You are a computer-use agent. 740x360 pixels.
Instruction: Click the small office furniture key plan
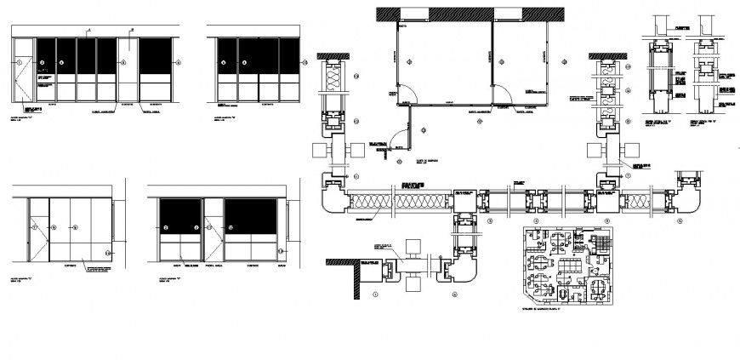tap(566, 266)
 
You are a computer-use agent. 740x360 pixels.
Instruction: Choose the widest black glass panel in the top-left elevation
tap(156, 56)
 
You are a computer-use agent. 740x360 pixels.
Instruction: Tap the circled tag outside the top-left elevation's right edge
tap(179, 62)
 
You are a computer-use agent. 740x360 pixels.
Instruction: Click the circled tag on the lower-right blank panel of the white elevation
tap(108, 253)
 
